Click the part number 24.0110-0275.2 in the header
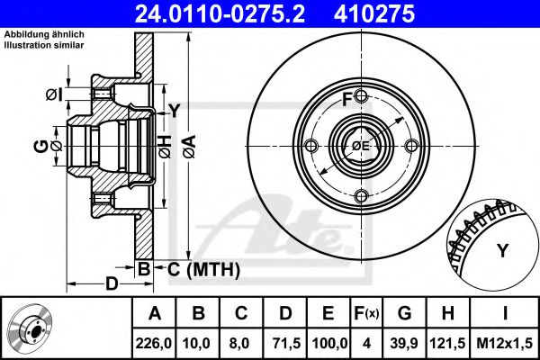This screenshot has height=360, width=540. tap(220, 13)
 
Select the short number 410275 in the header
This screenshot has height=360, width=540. tap(374, 13)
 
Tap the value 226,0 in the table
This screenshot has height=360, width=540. tap(154, 343)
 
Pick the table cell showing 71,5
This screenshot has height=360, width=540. tap(286, 343)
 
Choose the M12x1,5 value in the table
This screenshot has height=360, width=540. tap(505, 343)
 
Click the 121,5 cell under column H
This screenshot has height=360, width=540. tap(447, 343)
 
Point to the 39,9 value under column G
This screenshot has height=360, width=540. tap(404, 343)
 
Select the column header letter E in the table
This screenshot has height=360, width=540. tap(328, 313)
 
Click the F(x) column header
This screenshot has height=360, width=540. tap(366, 313)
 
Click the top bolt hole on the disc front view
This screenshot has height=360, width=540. tap(361, 96)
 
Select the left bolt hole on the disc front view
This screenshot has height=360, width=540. tap(311, 146)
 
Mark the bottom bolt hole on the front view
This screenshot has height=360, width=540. tap(361, 196)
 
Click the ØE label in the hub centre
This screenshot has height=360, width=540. tap(361, 146)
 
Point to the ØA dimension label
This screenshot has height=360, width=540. tap(189, 147)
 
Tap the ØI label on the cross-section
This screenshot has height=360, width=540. tap(54, 94)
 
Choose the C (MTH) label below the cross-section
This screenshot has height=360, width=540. tap(203, 269)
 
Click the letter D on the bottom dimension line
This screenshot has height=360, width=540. tap(112, 283)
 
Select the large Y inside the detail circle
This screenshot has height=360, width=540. tap(503, 250)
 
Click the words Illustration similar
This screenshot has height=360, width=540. tap(44, 45)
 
